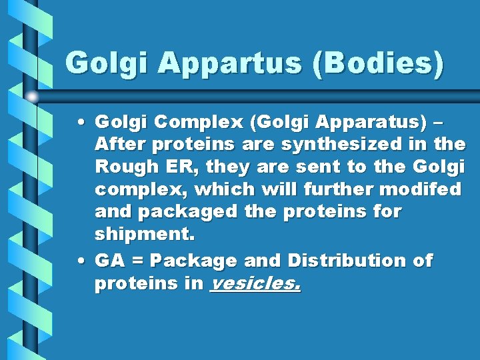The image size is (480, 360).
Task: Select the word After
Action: pos(117,145)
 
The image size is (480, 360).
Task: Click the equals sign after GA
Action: pos(137,261)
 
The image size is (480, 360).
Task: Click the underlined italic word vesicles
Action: pos(255,284)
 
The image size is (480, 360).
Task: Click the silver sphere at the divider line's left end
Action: pos(31,97)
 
